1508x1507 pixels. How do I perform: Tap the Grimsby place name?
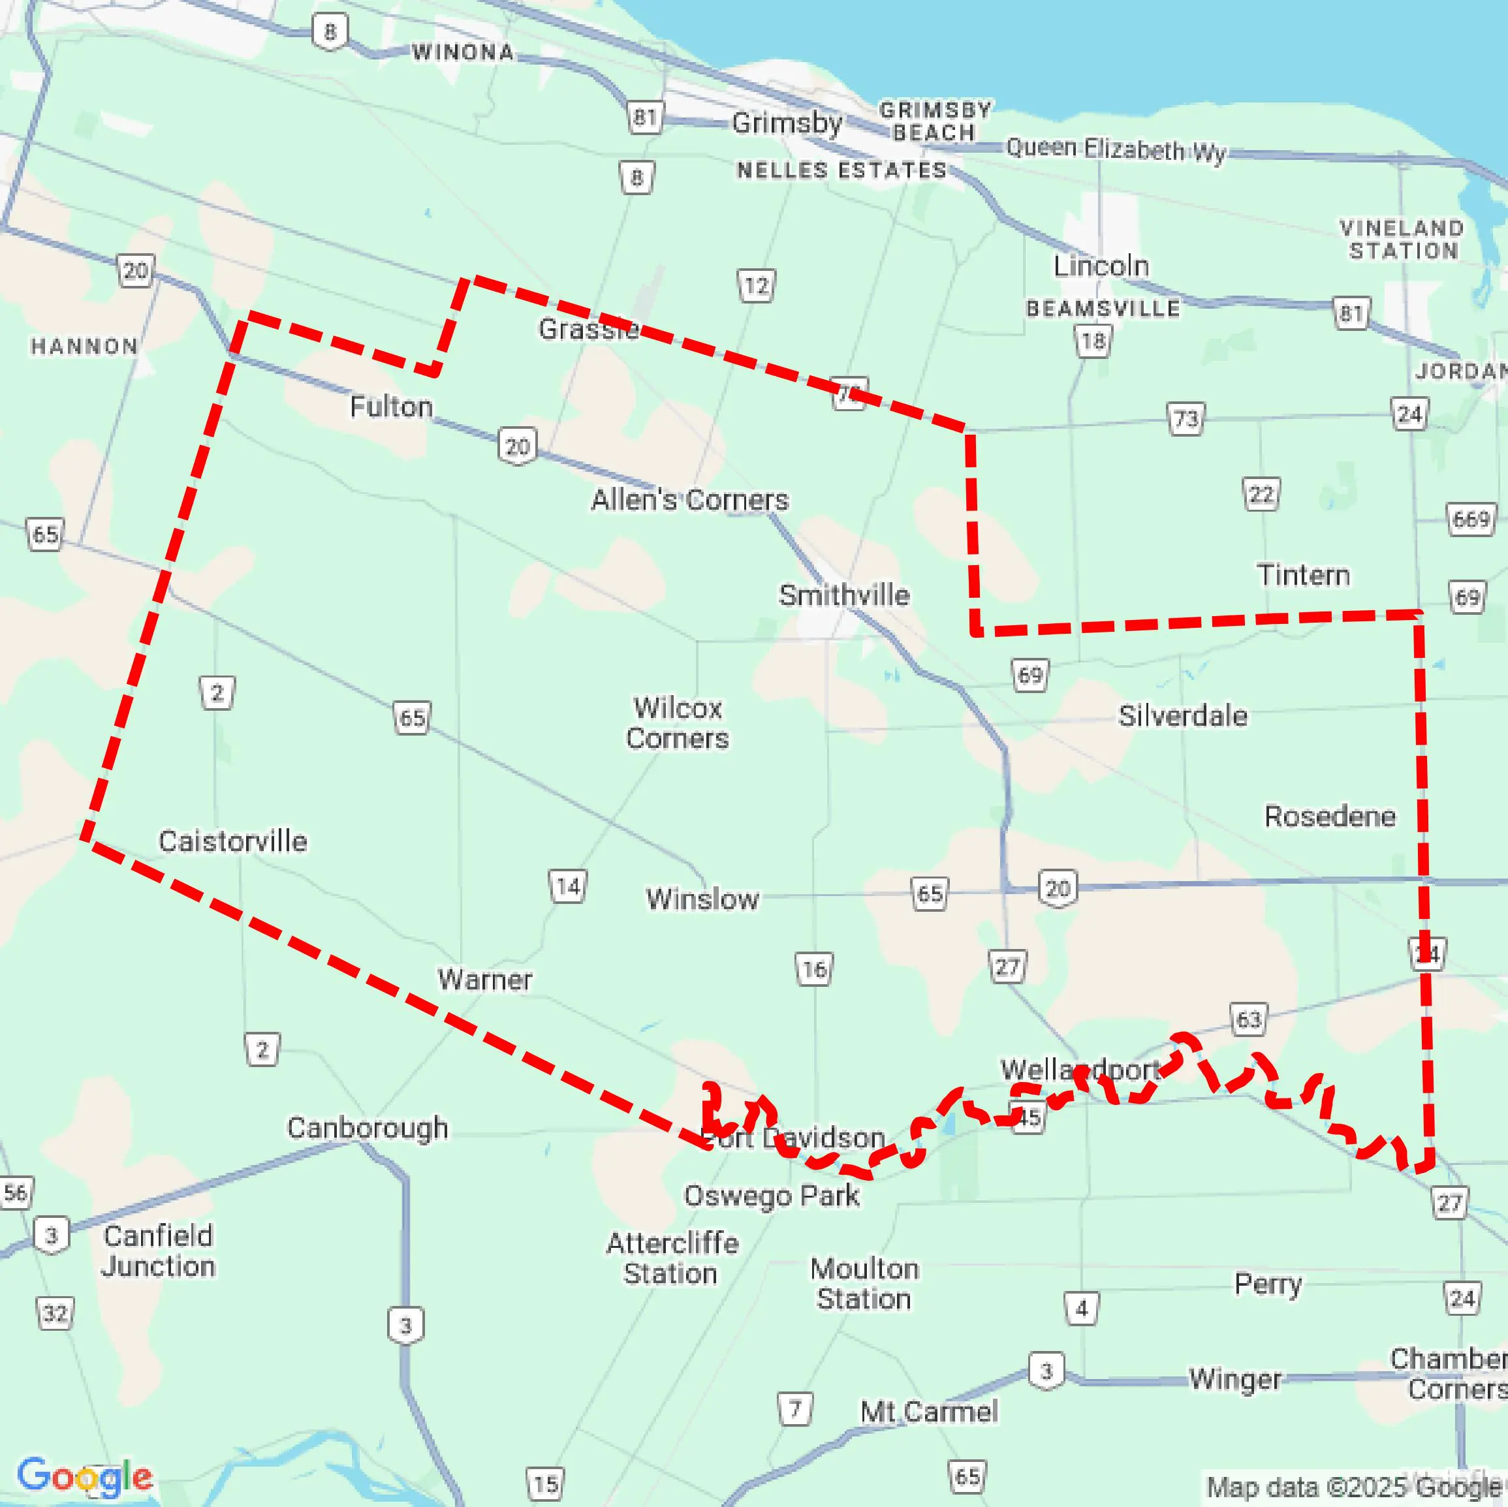tap(787, 123)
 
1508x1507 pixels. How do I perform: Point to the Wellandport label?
tap(1080, 1069)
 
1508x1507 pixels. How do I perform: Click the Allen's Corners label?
tap(689, 499)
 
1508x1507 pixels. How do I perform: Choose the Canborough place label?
tap(367, 1128)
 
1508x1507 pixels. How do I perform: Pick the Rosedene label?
tap(1330, 816)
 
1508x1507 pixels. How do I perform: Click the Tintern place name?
tap(1303, 575)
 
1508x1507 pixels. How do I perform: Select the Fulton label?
tap(391, 407)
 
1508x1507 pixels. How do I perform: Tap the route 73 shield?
tap(1186, 419)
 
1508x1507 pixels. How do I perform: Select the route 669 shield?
tap(1471, 519)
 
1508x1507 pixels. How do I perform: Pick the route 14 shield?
tap(567, 886)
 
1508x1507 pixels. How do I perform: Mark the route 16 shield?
tap(814, 969)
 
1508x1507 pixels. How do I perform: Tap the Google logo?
tap(85, 1476)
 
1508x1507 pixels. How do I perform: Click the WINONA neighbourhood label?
tap(463, 52)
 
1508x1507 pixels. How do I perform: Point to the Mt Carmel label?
tap(929, 1411)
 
